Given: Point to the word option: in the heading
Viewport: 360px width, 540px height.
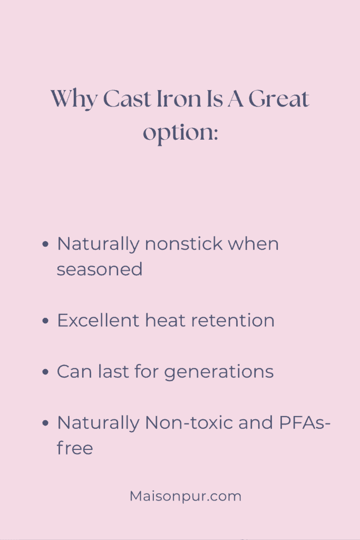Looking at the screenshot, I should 180,132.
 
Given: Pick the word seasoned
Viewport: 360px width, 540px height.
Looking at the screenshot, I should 100,269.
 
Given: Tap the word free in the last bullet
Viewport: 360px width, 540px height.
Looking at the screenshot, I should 75,448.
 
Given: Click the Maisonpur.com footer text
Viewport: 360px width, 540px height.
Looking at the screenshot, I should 186,496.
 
